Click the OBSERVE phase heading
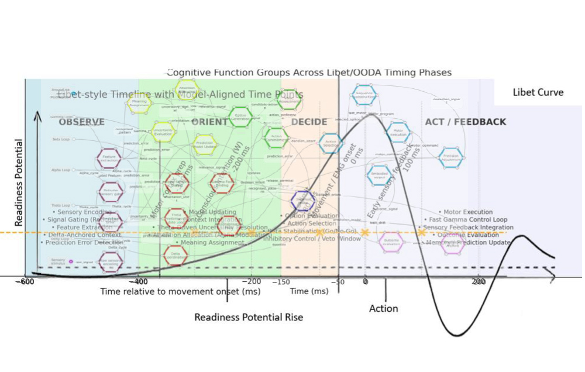tap(81, 122)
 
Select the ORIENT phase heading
tap(209, 122)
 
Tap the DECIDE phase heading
tap(309, 122)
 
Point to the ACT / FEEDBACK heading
tap(465, 122)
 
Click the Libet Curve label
tap(538, 92)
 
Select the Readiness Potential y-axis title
tap(19, 182)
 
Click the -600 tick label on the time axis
tap(25, 281)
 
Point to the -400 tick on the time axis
tap(139, 281)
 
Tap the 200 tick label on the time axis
tap(479, 281)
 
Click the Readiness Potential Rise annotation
tap(249, 317)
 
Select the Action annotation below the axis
tap(383, 308)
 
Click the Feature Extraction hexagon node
tap(109, 158)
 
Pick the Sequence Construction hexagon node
tap(364, 94)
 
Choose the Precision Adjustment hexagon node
tap(451, 156)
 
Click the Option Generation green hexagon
tap(240, 116)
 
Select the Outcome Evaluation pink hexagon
tap(391, 242)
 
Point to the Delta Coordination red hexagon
tap(175, 254)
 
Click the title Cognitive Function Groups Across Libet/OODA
tap(309, 73)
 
